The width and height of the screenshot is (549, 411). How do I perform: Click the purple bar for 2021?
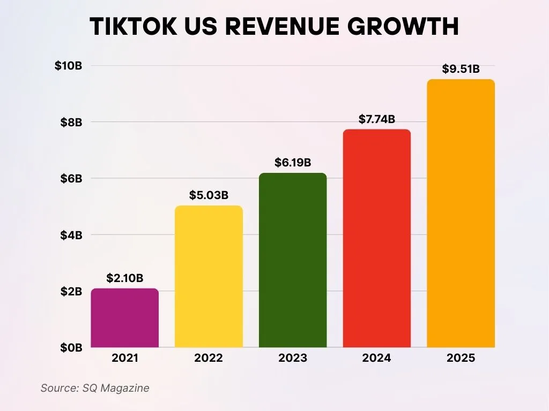tap(125, 318)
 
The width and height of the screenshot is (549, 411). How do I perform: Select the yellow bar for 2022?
tap(209, 277)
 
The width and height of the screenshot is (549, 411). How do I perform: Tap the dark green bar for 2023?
tap(293, 260)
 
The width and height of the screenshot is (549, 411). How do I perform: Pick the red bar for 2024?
tap(376, 238)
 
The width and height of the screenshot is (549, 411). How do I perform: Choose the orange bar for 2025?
tap(461, 214)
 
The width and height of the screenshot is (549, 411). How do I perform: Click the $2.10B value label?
tap(125, 278)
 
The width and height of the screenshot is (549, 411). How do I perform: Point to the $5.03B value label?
tap(209, 195)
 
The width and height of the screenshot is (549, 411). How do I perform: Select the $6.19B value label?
tap(293, 163)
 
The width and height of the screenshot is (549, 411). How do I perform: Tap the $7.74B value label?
tap(376, 119)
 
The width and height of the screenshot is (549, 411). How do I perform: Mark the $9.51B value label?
tap(461, 69)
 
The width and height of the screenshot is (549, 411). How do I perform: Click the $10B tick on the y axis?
tap(68, 66)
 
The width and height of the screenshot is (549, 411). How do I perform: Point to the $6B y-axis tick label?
tap(71, 178)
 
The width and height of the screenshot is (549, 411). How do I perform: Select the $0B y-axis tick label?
tap(71, 347)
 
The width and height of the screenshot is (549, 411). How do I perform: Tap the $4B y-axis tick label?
tap(71, 235)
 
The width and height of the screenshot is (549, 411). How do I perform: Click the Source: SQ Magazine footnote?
tap(95, 388)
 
